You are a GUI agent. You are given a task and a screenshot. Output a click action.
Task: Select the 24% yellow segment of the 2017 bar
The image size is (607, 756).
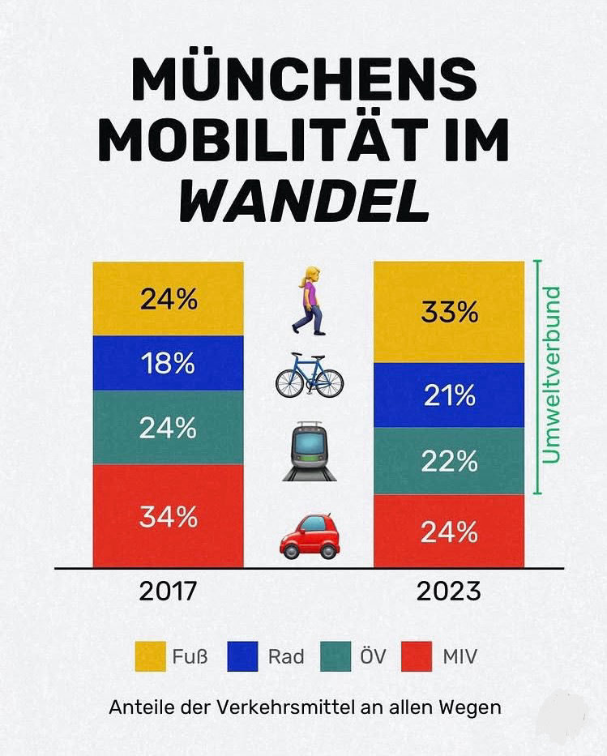click(x=168, y=299)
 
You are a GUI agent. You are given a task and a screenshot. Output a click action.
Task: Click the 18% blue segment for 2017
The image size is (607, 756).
click(x=168, y=363)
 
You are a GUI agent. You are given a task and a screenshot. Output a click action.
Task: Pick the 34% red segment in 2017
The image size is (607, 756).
click(x=168, y=515)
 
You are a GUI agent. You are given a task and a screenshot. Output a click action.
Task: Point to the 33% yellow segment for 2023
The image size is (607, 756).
click(x=448, y=312)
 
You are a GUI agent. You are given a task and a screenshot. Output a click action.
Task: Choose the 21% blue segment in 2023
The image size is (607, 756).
click(x=448, y=395)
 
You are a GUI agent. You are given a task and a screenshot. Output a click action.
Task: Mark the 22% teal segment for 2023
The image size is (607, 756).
click(x=448, y=461)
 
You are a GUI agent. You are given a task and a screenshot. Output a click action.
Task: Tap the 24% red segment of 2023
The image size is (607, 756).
click(x=448, y=531)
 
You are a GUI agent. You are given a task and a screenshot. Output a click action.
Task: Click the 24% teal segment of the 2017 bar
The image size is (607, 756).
click(x=168, y=427)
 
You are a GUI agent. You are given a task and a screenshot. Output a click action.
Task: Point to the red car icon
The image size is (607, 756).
click(x=309, y=535)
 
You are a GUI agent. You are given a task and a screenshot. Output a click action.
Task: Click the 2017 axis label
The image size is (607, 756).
click(x=168, y=591)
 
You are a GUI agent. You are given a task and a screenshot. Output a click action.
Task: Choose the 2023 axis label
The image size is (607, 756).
click(x=448, y=591)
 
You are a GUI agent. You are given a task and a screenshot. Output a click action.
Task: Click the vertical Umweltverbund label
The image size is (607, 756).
click(x=552, y=374)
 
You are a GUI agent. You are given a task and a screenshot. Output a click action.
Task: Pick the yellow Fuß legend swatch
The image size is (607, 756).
click(x=150, y=656)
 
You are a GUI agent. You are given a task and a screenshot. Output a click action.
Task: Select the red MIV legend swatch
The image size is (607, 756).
click(x=417, y=656)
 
